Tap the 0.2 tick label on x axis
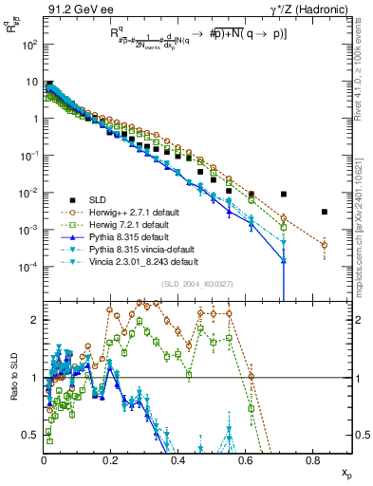[111, 459]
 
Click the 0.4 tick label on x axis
[178, 459]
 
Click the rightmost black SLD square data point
[325, 212]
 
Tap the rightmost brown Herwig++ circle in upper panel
[325, 245]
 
